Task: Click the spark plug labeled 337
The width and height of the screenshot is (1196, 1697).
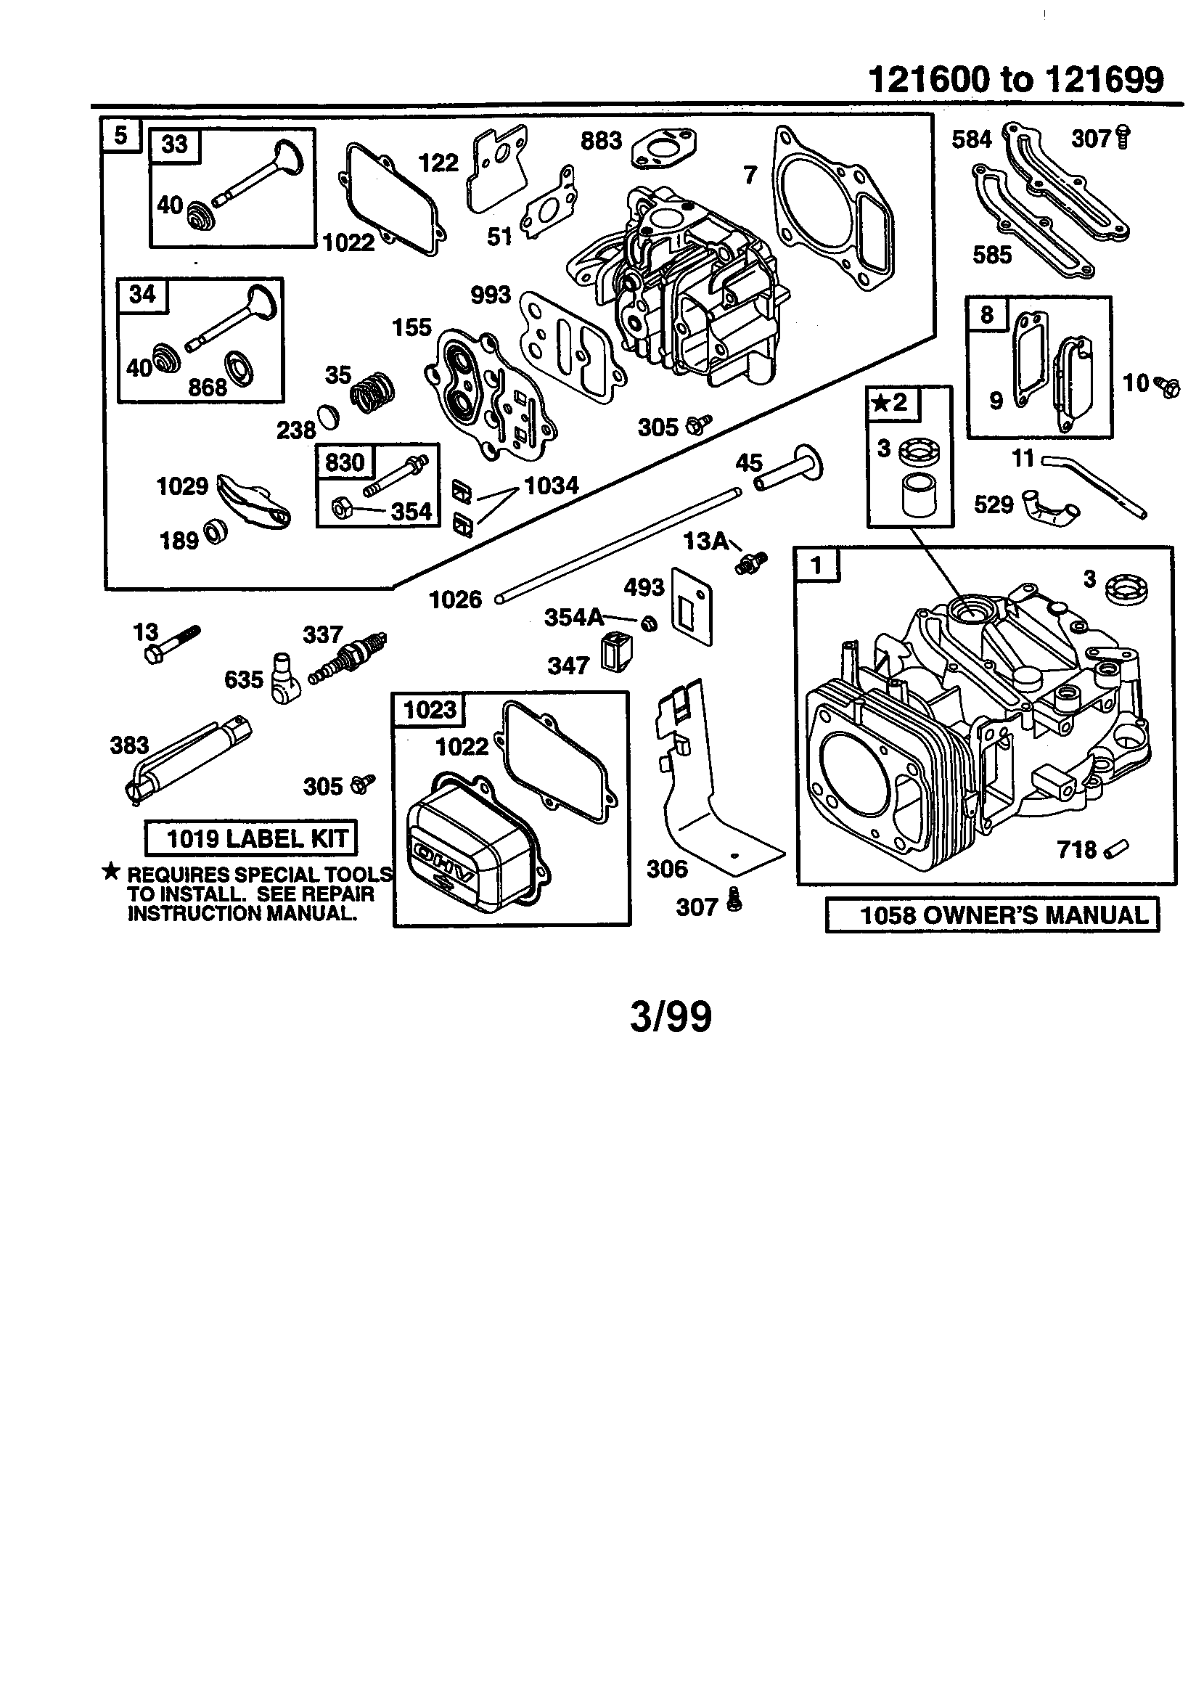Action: [x=348, y=658]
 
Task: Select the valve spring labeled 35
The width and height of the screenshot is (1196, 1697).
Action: [x=372, y=393]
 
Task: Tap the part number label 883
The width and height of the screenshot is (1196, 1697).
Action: [x=601, y=140]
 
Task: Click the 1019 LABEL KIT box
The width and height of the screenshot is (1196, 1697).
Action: [x=250, y=838]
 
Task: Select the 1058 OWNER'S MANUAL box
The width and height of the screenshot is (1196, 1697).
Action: [x=992, y=915]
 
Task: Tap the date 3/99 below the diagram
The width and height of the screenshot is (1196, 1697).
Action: [x=671, y=1016]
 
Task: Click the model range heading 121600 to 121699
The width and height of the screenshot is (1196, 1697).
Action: [x=1015, y=79]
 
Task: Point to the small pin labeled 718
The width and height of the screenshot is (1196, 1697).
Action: [x=1117, y=849]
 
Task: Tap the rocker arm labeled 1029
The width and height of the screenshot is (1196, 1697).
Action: [x=253, y=502]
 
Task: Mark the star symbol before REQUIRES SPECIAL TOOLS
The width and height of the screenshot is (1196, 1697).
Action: [x=111, y=872]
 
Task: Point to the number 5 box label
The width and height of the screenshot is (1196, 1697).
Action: [x=120, y=135]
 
